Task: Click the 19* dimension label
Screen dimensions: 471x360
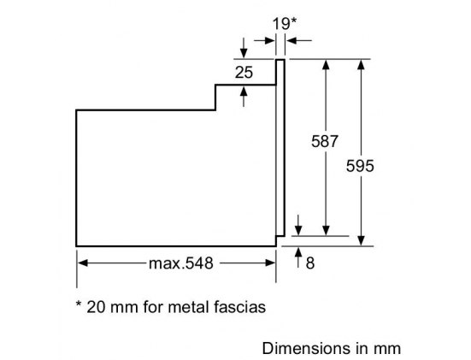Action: point(284,24)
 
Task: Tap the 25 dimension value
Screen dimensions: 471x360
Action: point(244,73)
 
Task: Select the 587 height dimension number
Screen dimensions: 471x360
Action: point(325,141)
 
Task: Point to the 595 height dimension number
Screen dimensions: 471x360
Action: point(360,166)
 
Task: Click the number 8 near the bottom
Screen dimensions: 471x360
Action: point(310,263)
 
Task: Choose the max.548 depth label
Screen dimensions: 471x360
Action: point(181,263)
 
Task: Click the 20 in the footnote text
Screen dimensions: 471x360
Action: point(96,307)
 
